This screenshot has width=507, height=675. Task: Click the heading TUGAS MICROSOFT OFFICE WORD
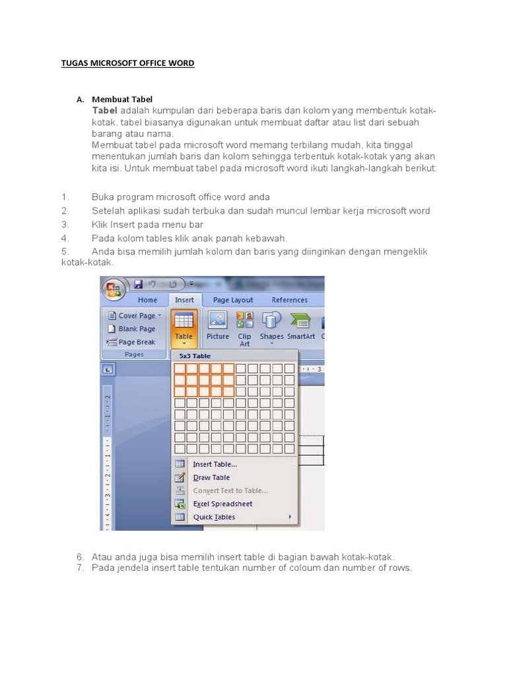click(127, 63)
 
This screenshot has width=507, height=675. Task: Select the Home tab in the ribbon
click(147, 300)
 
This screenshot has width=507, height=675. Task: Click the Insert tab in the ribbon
click(184, 300)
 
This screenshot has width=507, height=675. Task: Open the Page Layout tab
click(233, 300)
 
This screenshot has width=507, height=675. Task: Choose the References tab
click(289, 300)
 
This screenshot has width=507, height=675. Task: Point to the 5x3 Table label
click(195, 356)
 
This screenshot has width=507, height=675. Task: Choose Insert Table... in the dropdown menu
click(215, 464)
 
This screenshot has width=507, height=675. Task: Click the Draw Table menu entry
click(211, 477)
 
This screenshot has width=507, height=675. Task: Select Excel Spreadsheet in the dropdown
click(222, 504)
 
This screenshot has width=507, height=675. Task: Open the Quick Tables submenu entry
click(214, 517)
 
